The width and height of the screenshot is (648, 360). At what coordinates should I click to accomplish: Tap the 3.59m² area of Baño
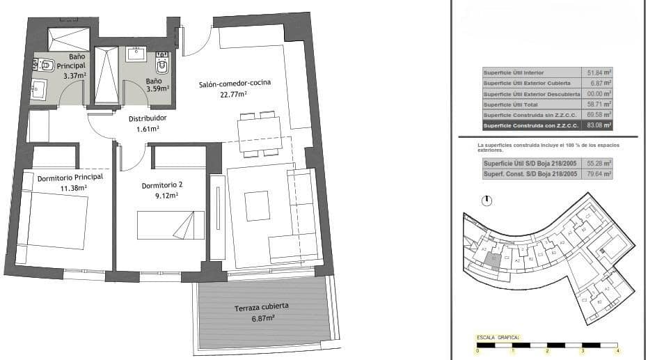(153, 89)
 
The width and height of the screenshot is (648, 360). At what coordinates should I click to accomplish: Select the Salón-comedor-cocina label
(235, 84)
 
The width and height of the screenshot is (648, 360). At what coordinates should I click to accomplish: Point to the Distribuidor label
(148, 118)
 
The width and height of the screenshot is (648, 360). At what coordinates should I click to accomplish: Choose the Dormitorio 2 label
(161, 186)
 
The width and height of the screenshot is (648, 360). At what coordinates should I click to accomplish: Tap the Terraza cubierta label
(262, 306)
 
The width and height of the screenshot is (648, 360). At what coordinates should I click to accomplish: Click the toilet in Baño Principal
(46, 66)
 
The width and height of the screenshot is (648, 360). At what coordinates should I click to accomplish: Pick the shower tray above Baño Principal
(68, 39)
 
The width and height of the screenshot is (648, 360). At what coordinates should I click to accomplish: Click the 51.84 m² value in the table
(598, 72)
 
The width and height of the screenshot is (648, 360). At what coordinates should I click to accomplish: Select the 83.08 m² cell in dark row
(598, 125)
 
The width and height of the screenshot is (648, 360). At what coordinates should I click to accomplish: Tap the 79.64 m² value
(598, 174)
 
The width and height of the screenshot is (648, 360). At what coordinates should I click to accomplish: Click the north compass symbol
(487, 201)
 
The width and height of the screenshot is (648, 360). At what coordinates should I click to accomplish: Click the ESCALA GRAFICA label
(498, 337)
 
